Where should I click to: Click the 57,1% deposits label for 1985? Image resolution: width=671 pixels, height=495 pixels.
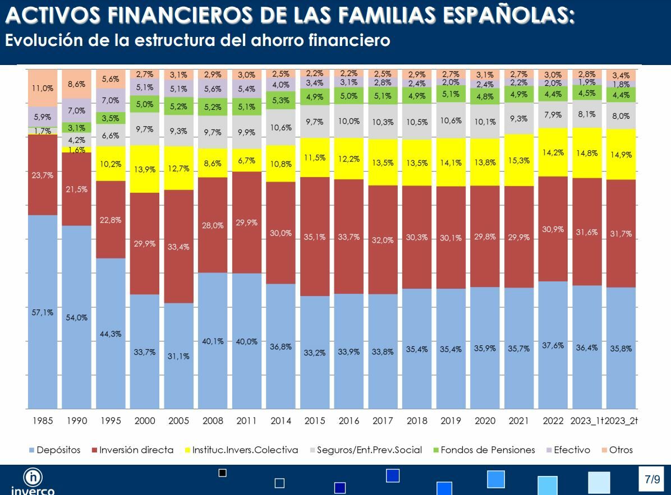click(x=43, y=312)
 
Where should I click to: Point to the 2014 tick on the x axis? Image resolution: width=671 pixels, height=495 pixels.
click(x=281, y=420)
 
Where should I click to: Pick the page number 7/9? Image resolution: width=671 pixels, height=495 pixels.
click(x=652, y=479)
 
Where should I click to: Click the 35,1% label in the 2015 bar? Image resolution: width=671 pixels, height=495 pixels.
click(x=315, y=237)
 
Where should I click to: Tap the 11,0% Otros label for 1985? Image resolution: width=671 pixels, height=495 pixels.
click(x=43, y=88)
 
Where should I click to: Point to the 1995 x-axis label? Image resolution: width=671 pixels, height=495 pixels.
click(x=111, y=420)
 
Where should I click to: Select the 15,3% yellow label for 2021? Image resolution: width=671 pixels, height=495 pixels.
click(x=519, y=160)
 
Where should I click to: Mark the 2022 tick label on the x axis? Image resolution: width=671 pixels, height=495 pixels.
click(x=553, y=420)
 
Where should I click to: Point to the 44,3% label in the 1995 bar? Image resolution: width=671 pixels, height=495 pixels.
click(x=111, y=334)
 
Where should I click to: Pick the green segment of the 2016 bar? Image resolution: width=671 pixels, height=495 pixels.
click(x=349, y=96)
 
